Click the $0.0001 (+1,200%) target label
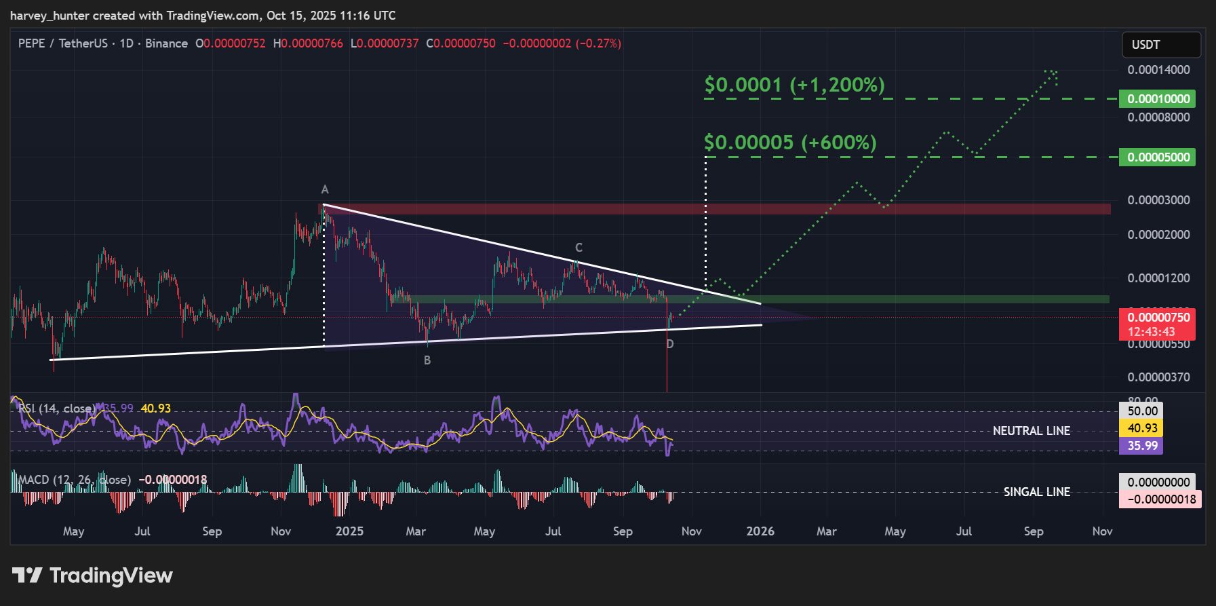(x=794, y=85)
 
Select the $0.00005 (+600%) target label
(x=790, y=143)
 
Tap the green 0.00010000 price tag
(x=1158, y=99)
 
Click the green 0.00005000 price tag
(x=1158, y=157)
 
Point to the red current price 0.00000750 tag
(x=1158, y=318)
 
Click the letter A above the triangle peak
(x=325, y=189)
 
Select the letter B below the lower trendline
(x=427, y=360)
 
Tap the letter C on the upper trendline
(x=578, y=248)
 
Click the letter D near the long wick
(x=670, y=344)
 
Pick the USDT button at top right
(x=1161, y=45)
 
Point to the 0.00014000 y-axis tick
(x=1158, y=70)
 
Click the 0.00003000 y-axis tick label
(x=1158, y=200)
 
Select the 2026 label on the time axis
(x=760, y=531)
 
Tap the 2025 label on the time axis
(x=350, y=531)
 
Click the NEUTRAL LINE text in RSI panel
(x=1031, y=431)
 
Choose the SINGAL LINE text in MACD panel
(x=1036, y=492)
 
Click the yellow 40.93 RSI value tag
(x=1142, y=428)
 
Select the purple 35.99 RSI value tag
(x=1142, y=446)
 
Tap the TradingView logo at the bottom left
(x=93, y=575)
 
